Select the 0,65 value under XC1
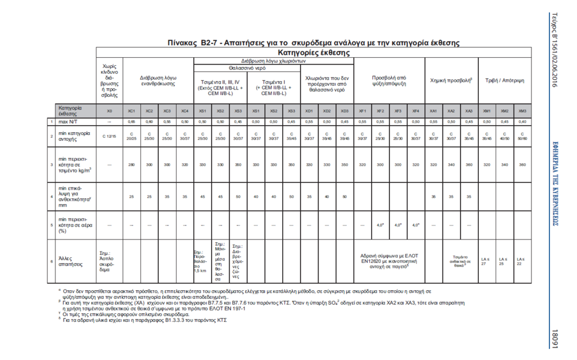132,122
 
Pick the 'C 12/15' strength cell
110,136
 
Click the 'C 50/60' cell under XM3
522,136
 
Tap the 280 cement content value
132,164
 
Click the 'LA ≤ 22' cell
521,262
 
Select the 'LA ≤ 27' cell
485,262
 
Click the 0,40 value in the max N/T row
522,122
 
